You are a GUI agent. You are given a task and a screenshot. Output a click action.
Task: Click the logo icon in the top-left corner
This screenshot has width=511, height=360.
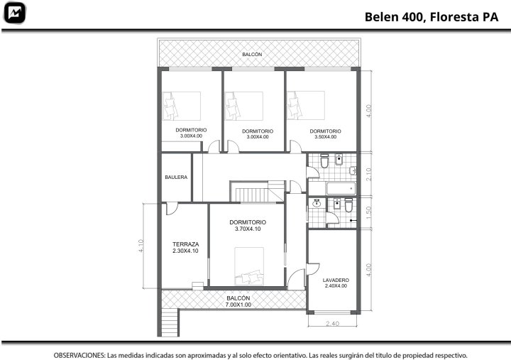(x=14, y=13)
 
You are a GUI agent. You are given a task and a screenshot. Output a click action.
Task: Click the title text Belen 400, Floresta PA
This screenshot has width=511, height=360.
(x=432, y=17)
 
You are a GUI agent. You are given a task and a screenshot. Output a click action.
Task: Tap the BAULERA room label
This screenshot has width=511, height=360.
(x=176, y=177)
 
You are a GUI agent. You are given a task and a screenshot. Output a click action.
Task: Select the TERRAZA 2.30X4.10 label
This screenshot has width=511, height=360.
(x=185, y=247)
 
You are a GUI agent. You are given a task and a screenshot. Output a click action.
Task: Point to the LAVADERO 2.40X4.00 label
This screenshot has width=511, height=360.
(x=336, y=283)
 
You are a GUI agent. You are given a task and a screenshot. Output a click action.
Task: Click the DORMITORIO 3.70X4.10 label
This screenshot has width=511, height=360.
(x=248, y=225)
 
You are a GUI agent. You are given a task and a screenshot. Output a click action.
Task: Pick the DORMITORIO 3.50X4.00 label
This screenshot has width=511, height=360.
(x=325, y=133)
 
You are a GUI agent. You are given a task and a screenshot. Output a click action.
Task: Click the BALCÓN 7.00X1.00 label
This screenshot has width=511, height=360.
(x=238, y=301)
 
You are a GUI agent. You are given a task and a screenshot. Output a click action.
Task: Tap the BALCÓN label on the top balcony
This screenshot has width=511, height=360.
(x=252, y=55)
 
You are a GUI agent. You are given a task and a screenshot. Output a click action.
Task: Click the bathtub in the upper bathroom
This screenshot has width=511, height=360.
(x=341, y=188)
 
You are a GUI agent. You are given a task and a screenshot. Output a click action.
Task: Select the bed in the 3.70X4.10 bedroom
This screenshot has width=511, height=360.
(x=249, y=266)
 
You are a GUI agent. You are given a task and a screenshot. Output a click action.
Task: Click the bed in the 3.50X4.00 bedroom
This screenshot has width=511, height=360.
(x=306, y=105)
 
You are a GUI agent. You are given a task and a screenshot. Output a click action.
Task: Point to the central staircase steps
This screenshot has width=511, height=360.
(x=252, y=195)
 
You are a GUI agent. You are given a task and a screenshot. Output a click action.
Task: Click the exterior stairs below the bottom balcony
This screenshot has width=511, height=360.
(x=170, y=322)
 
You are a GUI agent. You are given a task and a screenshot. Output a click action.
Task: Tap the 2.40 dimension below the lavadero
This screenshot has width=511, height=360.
(x=332, y=323)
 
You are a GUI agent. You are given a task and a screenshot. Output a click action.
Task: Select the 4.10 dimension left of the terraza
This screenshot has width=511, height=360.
(x=141, y=246)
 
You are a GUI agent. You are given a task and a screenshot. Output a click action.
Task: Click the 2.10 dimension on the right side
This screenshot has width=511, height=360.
(x=368, y=174)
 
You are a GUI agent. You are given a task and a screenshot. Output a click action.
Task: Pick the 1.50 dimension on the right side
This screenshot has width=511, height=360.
(x=368, y=212)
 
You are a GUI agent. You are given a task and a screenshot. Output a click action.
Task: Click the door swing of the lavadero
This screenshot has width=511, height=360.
(x=313, y=268)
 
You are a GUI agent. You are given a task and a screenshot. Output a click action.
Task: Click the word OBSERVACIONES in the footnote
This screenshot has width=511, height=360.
(x=79, y=355)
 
